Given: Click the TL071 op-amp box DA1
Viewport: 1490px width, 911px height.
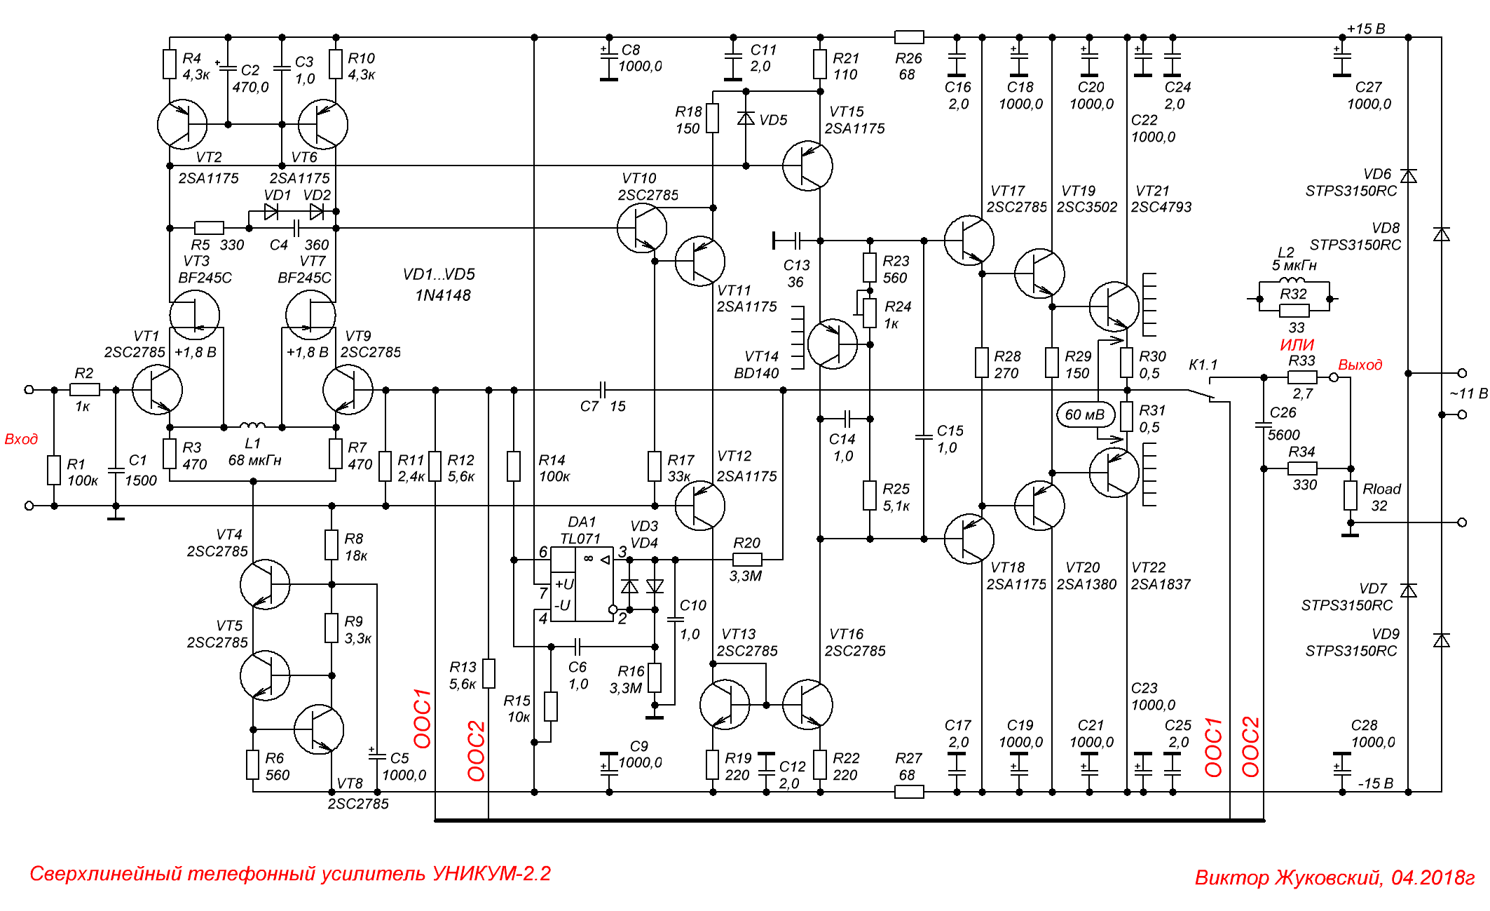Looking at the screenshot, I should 582,584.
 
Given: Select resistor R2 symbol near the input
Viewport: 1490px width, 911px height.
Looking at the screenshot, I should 84,389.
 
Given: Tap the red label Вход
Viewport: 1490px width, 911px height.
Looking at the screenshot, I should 21,439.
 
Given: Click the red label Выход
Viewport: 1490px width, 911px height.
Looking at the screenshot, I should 1360,365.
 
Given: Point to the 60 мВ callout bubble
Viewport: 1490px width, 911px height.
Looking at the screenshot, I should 1084,414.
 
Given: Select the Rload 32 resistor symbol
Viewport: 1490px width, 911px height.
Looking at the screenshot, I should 1350,495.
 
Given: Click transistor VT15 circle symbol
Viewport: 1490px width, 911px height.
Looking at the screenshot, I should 807,166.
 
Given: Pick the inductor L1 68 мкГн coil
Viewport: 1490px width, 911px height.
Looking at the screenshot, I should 252,425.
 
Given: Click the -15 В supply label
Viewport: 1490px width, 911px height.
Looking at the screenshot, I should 1375,783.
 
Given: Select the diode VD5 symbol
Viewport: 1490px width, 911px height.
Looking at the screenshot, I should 746,119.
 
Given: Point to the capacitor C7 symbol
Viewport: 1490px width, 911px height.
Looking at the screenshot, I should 603,390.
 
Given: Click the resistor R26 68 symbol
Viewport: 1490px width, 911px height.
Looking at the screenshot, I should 909,37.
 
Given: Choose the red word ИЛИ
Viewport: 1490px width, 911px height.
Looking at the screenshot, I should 1297,344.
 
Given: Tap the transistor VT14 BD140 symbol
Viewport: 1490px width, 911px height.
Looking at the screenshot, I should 832,344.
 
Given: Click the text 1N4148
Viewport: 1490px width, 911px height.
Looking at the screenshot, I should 442,295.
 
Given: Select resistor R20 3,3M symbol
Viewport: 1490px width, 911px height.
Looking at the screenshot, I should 746,560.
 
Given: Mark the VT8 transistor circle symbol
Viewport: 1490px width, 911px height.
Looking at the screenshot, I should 319,729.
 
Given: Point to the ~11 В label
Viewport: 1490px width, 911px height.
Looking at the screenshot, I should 1468,393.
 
